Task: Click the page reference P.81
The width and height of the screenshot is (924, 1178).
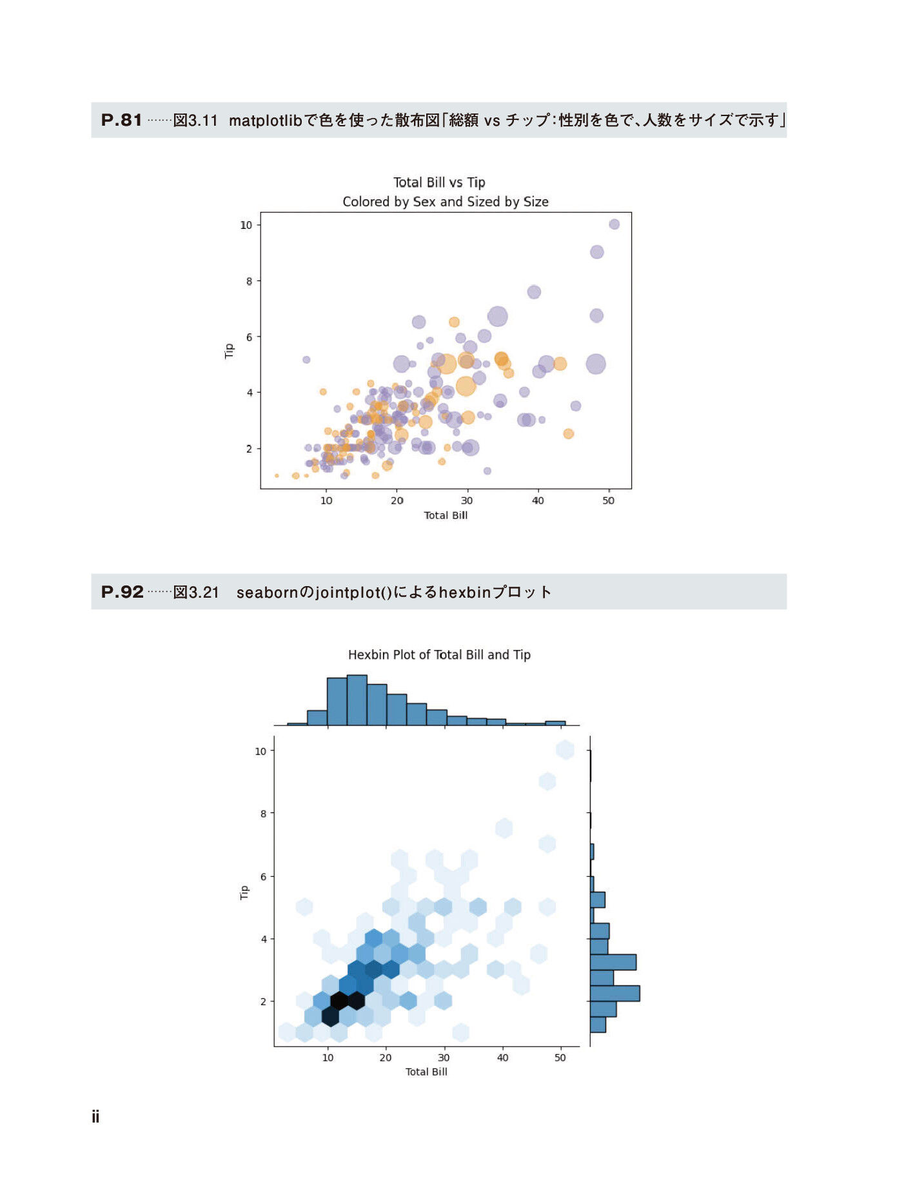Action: (121, 120)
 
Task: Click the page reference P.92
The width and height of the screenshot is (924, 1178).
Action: (122, 592)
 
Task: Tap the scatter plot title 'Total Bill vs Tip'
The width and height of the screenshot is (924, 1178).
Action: (439, 182)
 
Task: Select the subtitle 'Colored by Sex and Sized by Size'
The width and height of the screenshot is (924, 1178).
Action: (445, 202)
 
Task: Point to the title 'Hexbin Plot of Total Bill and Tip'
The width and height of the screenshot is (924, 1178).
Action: (439, 655)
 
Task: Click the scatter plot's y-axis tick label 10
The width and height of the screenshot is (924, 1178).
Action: (246, 225)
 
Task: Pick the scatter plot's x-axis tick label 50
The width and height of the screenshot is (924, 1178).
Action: (608, 500)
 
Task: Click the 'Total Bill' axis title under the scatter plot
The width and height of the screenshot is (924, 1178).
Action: (446, 515)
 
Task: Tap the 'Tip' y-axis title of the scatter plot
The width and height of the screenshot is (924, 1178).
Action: (229, 351)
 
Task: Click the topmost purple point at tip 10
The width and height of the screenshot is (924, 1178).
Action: (614, 224)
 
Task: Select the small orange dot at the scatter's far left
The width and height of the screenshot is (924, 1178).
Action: (277, 476)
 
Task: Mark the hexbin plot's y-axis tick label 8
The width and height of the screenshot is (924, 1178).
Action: (263, 814)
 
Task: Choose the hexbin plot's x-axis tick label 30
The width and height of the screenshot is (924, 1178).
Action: (444, 1057)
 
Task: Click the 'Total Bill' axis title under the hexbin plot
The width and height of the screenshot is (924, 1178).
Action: (426, 1072)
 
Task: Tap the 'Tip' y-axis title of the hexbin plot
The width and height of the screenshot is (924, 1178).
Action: (244, 892)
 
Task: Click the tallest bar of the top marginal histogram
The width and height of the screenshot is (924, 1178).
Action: (357, 700)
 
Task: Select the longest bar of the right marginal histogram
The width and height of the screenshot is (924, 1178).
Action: (614, 993)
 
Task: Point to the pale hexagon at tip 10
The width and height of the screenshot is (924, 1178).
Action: (565, 750)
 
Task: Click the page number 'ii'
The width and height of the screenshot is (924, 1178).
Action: (95, 1117)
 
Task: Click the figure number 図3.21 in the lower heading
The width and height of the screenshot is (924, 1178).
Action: (196, 593)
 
